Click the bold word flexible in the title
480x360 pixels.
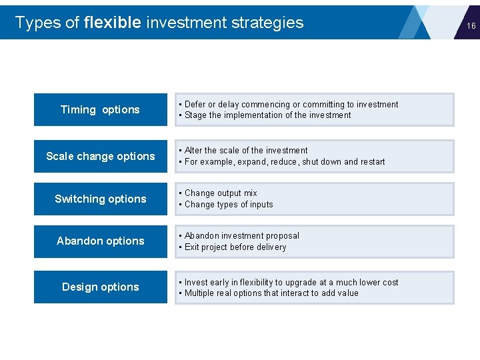point(113,23)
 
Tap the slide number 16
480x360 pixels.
point(471,26)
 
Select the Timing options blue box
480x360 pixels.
point(100,109)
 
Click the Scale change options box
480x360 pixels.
point(100,156)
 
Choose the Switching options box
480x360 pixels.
point(100,199)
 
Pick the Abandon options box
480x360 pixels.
point(100,241)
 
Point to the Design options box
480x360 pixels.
point(100,287)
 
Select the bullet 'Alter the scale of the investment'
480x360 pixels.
point(246,151)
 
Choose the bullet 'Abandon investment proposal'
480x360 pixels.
point(241,236)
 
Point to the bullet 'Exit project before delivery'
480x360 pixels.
point(235,247)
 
